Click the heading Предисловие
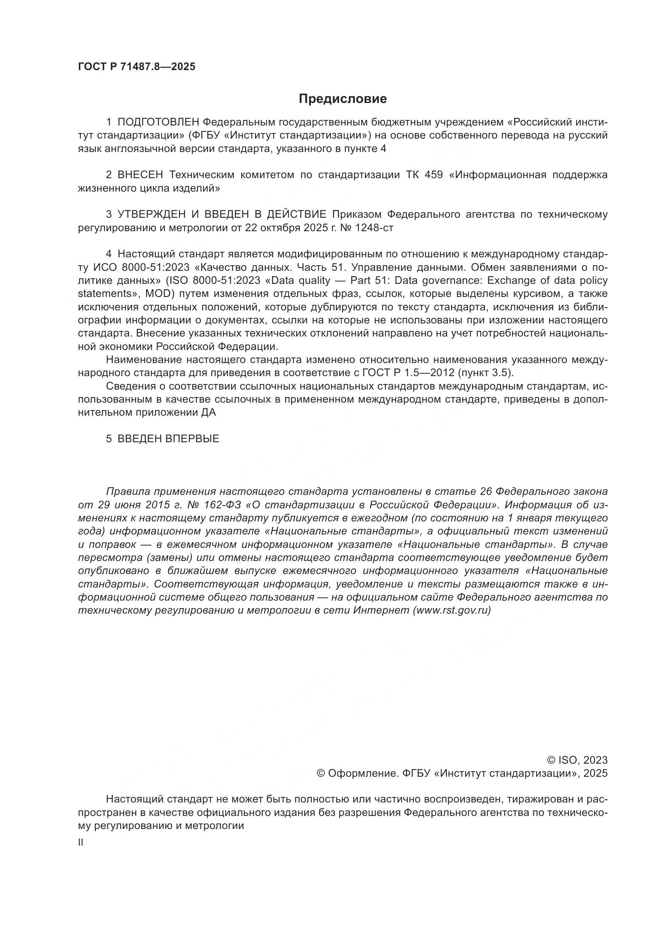coord(343,99)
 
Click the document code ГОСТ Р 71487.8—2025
coord(136,67)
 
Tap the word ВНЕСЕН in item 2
coord(140,175)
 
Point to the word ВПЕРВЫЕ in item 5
coord(192,439)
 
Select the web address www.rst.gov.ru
coord(451,610)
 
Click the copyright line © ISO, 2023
coord(577,760)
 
